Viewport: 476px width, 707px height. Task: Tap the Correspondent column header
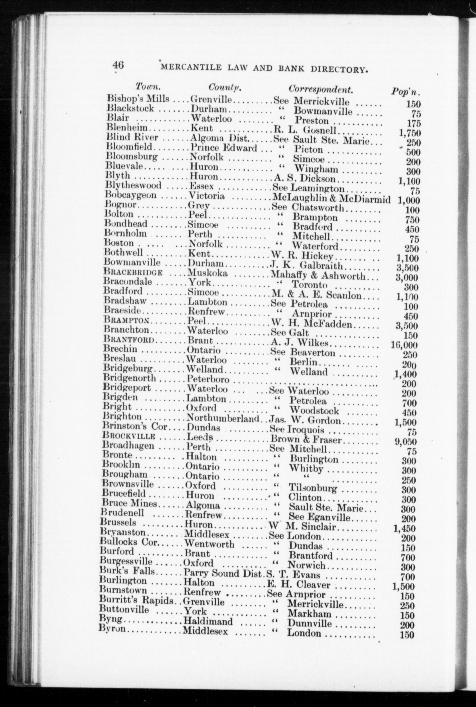(x=321, y=89)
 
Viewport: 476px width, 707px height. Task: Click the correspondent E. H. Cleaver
(x=298, y=584)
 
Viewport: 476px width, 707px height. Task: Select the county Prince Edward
(x=223, y=148)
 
